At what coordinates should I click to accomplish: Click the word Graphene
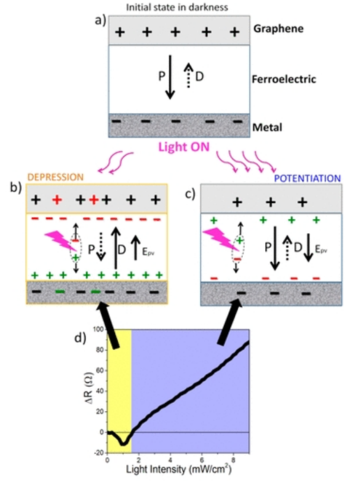[x=278, y=29]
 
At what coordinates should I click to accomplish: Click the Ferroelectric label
[x=284, y=79]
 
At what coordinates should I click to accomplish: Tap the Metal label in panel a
[x=267, y=127]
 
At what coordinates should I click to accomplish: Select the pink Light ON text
[x=184, y=147]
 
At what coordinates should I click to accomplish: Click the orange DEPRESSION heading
[x=56, y=177]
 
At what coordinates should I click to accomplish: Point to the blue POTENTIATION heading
[x=307, y=178]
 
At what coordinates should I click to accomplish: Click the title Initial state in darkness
[x=177, y=7]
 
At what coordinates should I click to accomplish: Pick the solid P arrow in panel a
[x=170, y=77]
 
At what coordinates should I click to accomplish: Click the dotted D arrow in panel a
[x=189, y=75]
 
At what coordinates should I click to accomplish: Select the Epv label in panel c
[x=321, y=249]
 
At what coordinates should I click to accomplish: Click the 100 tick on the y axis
[x=100, y=330]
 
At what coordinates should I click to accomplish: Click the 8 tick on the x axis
[x=234, y=459]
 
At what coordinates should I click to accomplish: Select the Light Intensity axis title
[x=179, y=469]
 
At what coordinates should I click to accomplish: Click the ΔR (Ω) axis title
[x=89, y=391]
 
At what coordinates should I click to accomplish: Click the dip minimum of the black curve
[x=123, y=443]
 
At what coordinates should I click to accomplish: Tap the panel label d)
[x=81, y=337]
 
